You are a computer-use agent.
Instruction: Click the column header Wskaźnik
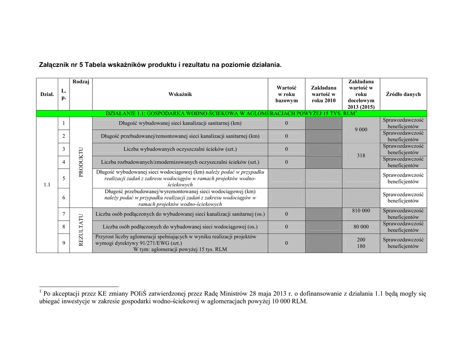180,94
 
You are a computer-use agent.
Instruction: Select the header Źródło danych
403,94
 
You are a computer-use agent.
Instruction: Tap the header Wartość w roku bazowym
286,94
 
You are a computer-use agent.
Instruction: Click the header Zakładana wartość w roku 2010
324,94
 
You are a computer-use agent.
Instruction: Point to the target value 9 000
360,130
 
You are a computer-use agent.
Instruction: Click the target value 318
361,156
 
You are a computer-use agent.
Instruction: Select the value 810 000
361,211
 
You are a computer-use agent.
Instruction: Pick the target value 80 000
361,227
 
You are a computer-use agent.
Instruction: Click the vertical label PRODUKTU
81,162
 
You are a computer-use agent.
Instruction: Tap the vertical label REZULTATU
81,230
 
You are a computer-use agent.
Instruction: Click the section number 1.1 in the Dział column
47,185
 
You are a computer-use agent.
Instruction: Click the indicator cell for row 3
180,149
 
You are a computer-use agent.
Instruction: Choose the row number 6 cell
63,198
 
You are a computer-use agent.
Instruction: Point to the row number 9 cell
63,243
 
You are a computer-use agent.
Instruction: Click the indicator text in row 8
180,227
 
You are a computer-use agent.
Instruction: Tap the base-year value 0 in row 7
286,214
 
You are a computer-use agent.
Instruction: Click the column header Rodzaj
81,81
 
